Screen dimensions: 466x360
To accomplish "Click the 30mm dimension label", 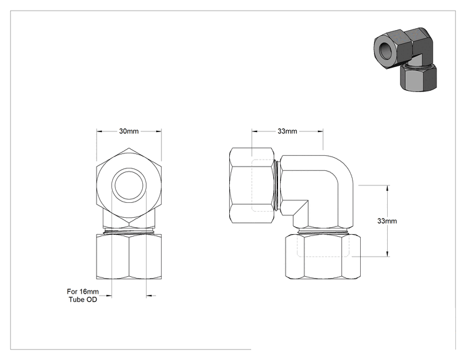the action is pyautogui.click(x=128, y=131).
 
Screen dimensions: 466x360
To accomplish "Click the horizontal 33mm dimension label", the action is pyautogui.click(x=287, y=131).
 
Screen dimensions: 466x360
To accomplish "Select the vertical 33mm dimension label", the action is pyautogui.click(x=387, y=221).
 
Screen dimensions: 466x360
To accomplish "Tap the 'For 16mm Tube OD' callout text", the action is pyautogui.click(x=83, y=296).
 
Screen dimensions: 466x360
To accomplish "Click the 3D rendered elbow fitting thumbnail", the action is pyautogui.click(x=405, y=59).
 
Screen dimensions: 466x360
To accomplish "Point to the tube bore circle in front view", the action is pyautogui.click(x=129, y=185).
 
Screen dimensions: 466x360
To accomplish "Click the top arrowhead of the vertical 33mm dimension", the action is pyautogui.click(x=388, y=187).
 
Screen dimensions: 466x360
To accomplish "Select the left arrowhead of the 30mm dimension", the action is pyautogui.click(x=99, y=131).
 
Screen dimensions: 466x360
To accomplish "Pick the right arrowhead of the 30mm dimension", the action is pyautogui.click(x=158, y=131).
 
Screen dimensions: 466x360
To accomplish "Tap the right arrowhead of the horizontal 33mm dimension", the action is pyautogui.click(x=321, y=131).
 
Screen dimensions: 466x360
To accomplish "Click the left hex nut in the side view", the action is pyautogui.click(x=252, y=185).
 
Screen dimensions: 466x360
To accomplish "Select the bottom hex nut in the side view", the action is pyautogui.click(x=323, y=256).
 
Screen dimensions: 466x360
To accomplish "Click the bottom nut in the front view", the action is pyautogui.click(x=129, y=256).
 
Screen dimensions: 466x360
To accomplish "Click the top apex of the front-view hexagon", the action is pyautogui.click(x=129, y=148).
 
